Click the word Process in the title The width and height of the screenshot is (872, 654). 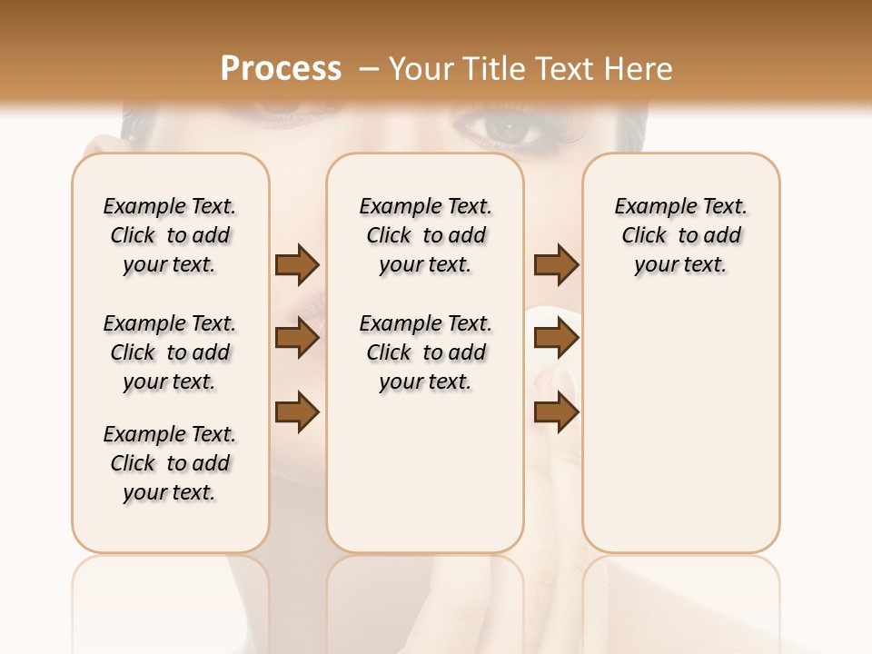click(281, 68)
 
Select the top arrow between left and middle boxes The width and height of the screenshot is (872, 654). click(297, 265)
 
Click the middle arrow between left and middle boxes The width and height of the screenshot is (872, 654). click(297, 339)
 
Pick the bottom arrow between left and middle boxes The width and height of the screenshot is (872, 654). click(297, 413)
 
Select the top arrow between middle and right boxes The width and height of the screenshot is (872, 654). click(556, 265)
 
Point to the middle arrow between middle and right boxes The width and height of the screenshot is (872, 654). click(556, 339)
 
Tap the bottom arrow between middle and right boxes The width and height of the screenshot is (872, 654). click(556, 413)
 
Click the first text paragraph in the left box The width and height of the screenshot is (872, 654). click(170, 235)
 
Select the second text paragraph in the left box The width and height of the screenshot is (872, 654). click(170, 352)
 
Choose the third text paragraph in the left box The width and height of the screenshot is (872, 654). click(170, 463)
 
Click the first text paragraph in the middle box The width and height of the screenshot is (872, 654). click(426, 235)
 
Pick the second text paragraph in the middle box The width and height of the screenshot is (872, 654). click(426, 352)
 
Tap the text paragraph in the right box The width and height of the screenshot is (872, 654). click(681, 235)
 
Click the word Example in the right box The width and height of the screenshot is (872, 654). click(648, 207)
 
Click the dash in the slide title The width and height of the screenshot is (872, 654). click(369, 69)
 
